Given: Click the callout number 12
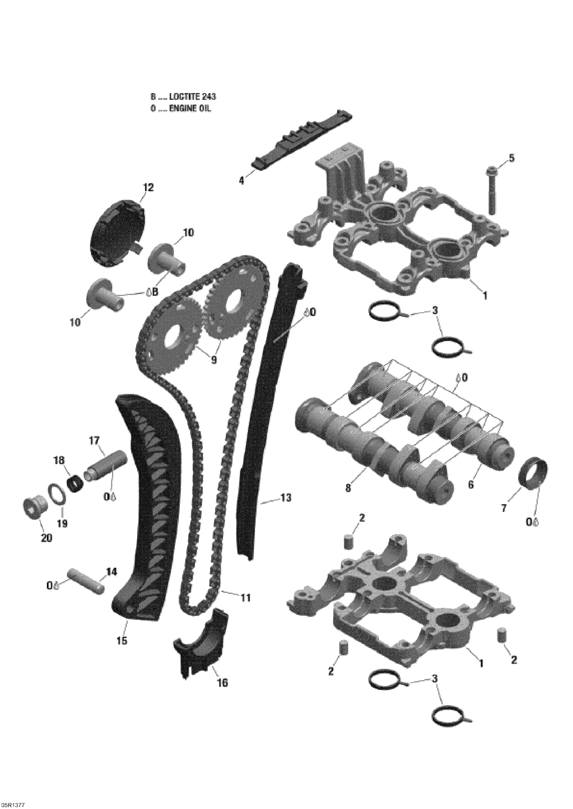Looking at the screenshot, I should point(149,187).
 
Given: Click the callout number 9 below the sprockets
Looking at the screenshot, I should point(214,360).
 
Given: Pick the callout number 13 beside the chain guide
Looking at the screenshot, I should point(286,498).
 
